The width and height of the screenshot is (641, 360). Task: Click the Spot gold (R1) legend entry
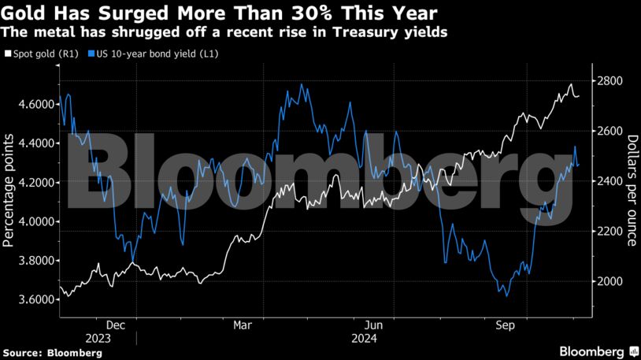point(44,54)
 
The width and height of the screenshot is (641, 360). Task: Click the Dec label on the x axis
point(114,324)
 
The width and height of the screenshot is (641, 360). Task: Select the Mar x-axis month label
point(243,324)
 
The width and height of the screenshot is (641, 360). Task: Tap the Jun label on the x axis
point(374,324)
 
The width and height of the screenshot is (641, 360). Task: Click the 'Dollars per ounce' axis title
point(632,191)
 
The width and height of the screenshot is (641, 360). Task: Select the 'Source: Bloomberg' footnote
point(52,353)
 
